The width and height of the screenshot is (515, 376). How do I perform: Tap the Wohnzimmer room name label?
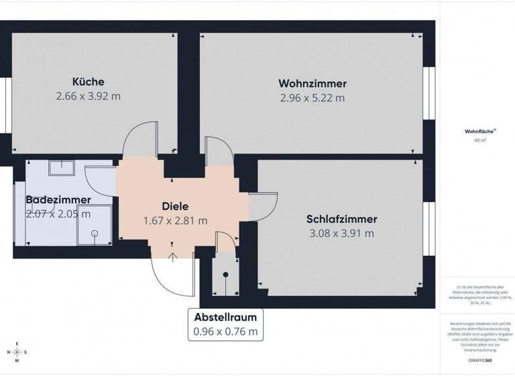pyautogui.click(x=312, y=84)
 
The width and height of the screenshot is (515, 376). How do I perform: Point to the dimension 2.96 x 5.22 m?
pyautogui.click(x=312, y=98)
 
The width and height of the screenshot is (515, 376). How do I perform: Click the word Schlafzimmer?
pyautogui.click(x=341, y=219)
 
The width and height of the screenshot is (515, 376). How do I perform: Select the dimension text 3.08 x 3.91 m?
pyautogui.click(x=341, y=234)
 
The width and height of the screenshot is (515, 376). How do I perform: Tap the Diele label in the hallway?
pyautogui.click(x=175, y=207)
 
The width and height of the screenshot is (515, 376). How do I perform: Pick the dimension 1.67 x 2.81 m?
pyautogui.click(x=175, y=220)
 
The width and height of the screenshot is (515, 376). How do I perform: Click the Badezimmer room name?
pyautogui.click(x=58, y=200)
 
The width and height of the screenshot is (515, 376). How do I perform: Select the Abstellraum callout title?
pyautogui.click(x=225, y=317)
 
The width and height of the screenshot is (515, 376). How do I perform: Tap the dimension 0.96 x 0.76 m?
pyautogui.click(x=225, y=331)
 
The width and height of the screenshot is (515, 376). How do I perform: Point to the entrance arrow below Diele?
pyautogui.click(x=173, y=254)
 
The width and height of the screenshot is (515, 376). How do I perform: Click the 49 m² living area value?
pyautogui.click(x=479, y=140)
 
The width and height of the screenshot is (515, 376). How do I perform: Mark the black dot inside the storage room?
pyautogui.click(x=225, y=274)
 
